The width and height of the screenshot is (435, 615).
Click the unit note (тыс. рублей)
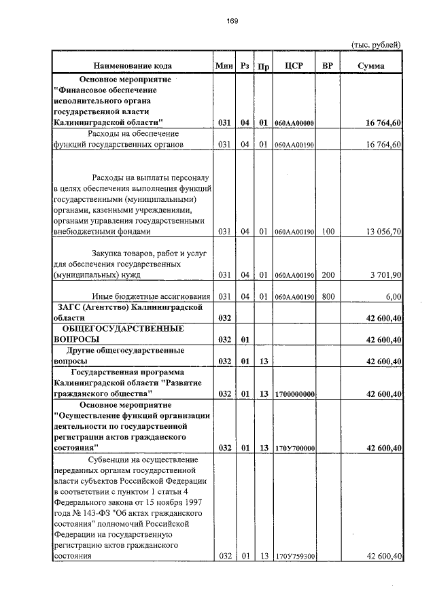(x=376, y=45)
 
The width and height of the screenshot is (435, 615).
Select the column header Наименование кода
(x=133, y=66)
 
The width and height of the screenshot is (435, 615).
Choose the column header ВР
(x=328, y=66)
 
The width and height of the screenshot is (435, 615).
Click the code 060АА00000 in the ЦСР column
(x=294, y=123)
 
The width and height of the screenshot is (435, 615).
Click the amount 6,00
(x=393, y=296)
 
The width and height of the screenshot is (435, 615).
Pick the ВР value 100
(x=328, y=232)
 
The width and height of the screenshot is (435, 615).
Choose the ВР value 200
(x=328, y=275)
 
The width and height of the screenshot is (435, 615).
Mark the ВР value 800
(x=328, y=296)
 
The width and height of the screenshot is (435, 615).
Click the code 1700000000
(x=294, y=393)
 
